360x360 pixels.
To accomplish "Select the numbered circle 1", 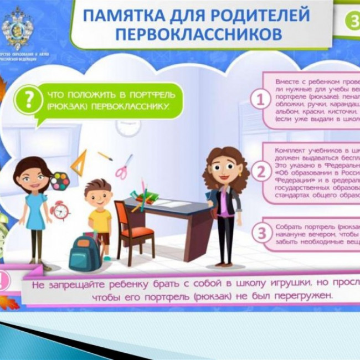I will coord(259,100).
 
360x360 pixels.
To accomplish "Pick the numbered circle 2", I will coord(259,172).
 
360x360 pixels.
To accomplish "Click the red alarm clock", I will coord(60,210).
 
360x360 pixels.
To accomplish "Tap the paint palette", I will coord(59,180).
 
